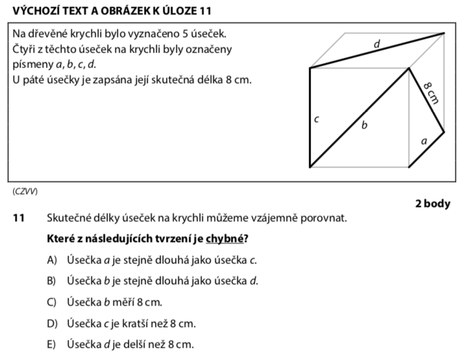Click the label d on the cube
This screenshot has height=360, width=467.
coord(377,44)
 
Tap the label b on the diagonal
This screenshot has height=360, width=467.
coord(364,125)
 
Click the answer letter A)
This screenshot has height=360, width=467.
coord(53,260)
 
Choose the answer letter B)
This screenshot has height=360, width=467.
coord(53,281)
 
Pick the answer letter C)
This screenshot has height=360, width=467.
coord(53,302)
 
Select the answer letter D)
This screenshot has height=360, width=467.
coord(53,323)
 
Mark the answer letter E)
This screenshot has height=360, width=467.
coord(53,344)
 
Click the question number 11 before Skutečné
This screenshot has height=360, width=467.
coord(18,218)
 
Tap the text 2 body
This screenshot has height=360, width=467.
coord(432,204)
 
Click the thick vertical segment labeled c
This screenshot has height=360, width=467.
coord(310,117)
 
